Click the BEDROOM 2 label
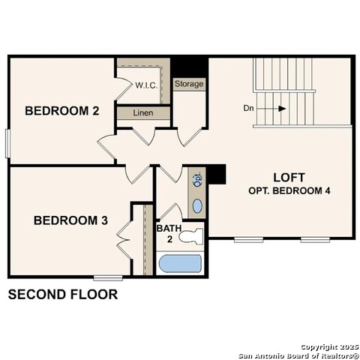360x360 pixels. tap(62, 111)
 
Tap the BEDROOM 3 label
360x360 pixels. tap(70, 220)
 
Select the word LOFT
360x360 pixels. tap(289, 178)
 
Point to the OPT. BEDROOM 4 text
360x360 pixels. tap(289, 190)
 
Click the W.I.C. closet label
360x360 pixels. tap(146, 85)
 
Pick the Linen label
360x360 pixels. tap(143, 112)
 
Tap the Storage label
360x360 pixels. tap(189, 84)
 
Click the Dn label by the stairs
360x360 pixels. tap(248, 108)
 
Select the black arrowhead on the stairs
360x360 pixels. tap(282, 109)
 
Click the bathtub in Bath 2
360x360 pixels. tap(180, 263)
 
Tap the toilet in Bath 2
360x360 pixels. tap(191, 236)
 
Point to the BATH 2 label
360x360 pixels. tap(169, 233)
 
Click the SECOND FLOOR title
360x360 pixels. tap(63, 294)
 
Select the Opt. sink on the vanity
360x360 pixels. tap(197, 179)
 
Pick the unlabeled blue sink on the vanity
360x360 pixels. tap(197, 206)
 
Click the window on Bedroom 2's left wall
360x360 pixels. tap(7, 143)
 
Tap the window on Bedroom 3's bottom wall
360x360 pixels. tap(108, 277)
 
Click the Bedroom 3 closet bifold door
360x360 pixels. tap(124, 240)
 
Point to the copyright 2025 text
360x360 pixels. tap(329, 347)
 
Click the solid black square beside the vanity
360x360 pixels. tap(217, 174)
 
